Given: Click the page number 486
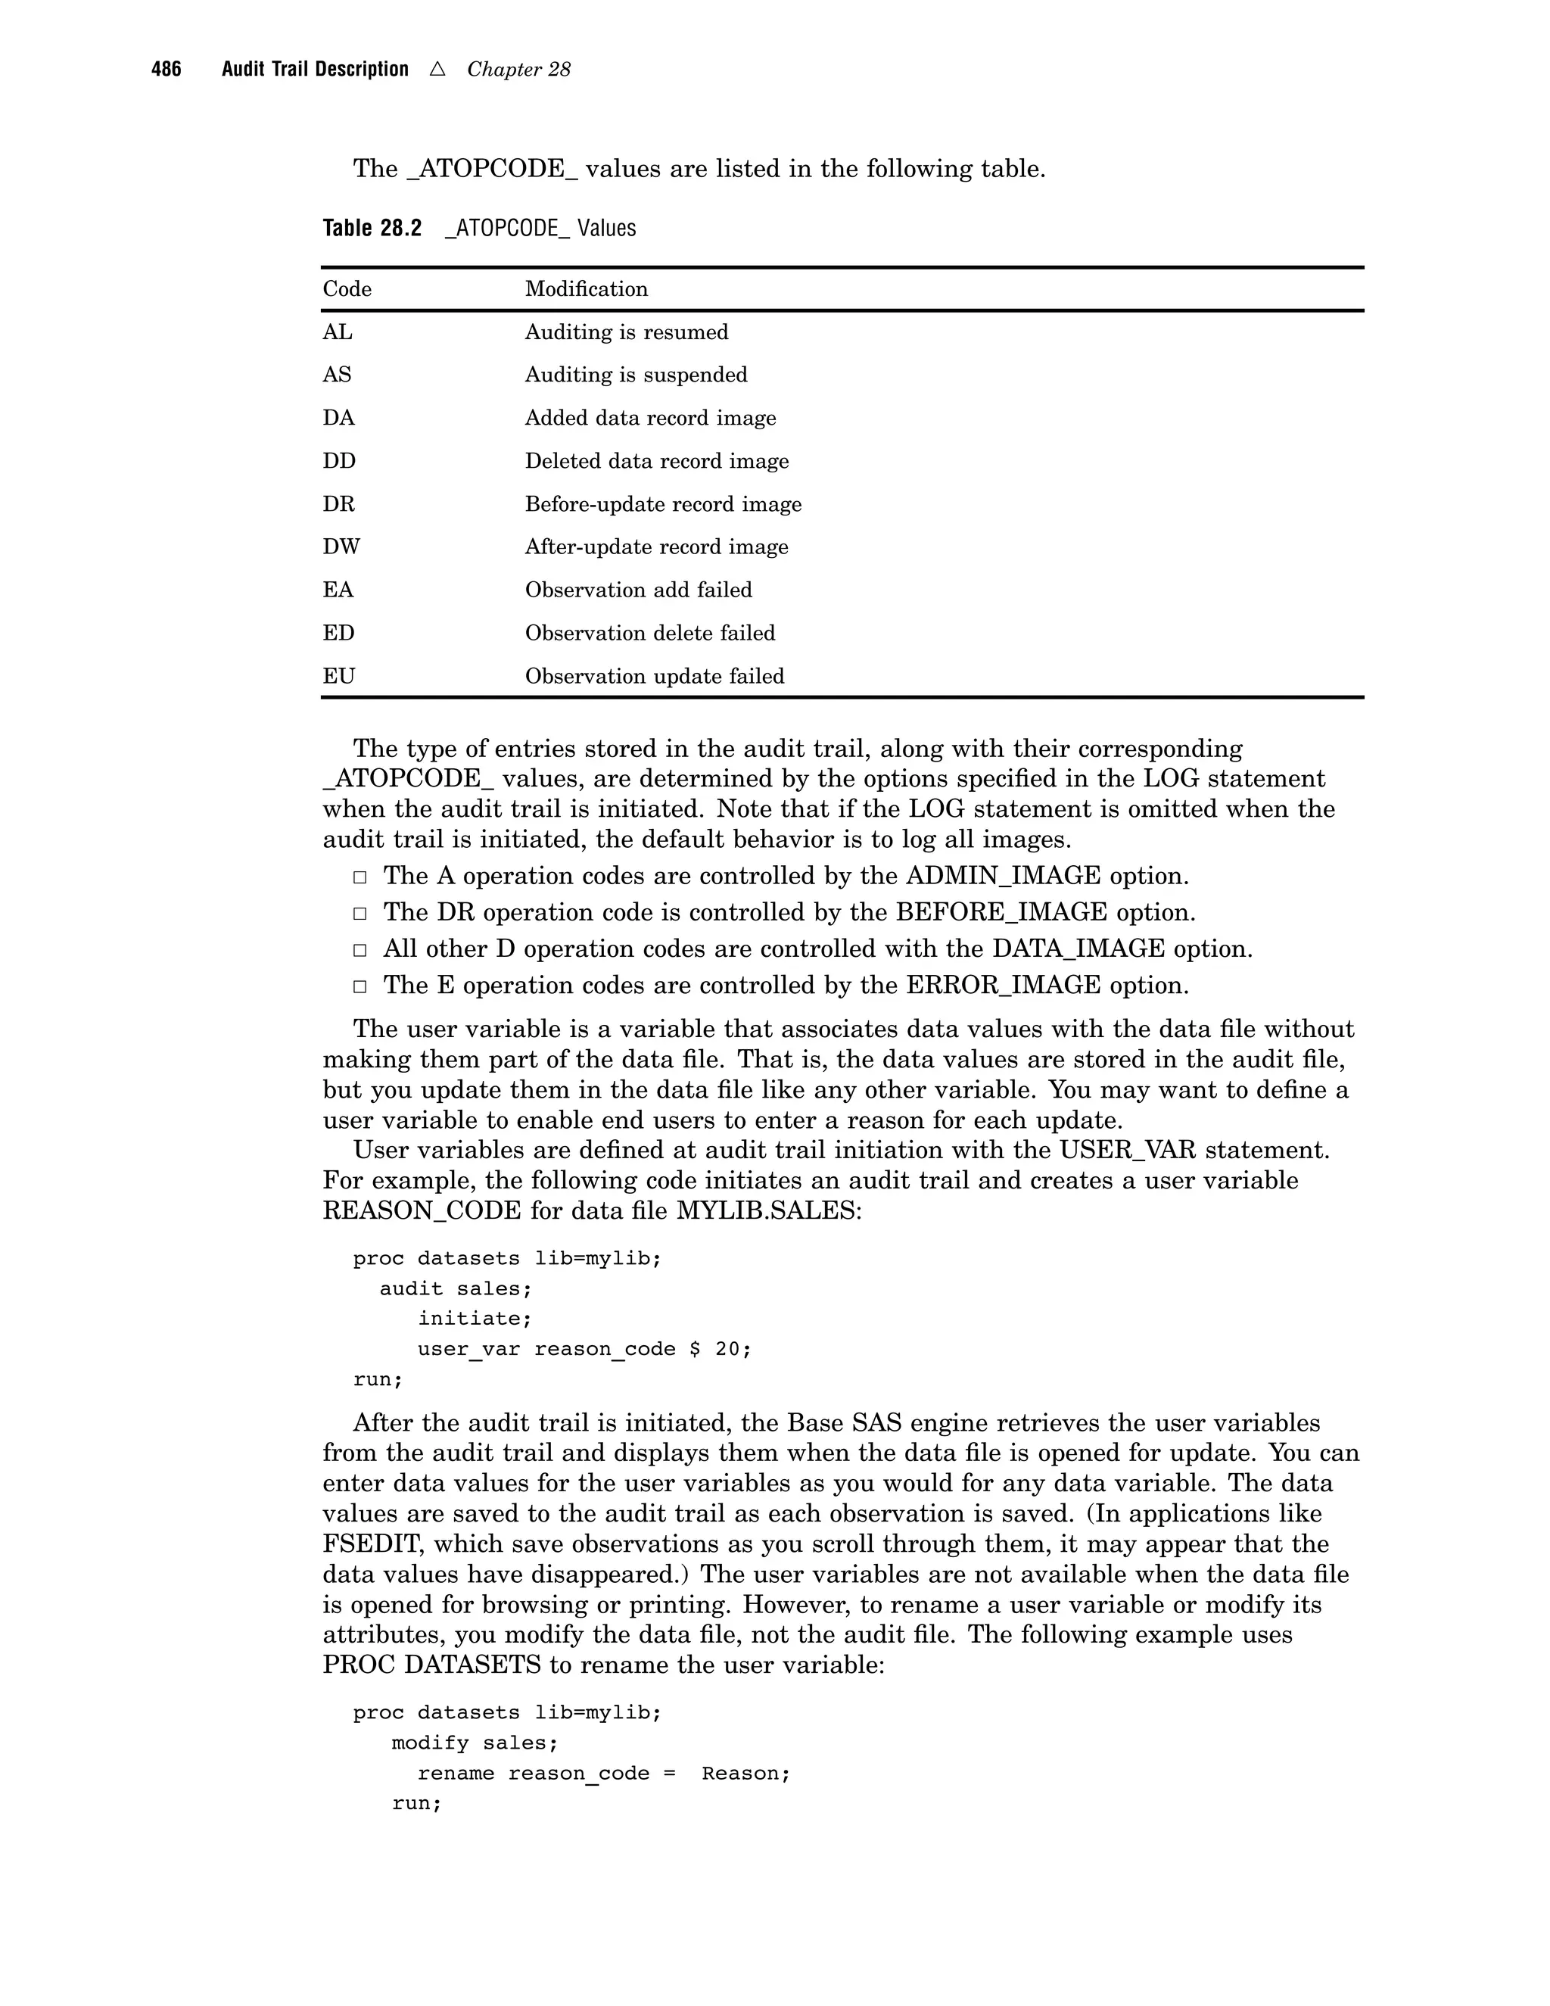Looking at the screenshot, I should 167,69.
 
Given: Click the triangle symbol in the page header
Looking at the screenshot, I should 437,69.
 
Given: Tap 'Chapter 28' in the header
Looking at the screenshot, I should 518,70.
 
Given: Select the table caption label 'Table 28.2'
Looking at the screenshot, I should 372,228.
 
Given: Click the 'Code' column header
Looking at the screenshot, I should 347,289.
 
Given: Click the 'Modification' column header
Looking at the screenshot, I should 586,289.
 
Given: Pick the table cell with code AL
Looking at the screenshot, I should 337,332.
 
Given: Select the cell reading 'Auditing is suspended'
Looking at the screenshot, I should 636,375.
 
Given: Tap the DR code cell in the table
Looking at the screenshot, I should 338,504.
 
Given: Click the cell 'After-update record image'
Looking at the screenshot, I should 655,547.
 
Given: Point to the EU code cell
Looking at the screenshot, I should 338,677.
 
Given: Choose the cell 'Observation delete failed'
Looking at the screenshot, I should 649,634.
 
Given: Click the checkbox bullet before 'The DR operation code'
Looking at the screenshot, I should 360,914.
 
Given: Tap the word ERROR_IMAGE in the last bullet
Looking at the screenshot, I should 1003,986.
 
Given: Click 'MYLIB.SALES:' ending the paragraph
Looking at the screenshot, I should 770,1210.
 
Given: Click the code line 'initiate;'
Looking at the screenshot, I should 475,1319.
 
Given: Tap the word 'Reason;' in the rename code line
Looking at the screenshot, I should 745,1774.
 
